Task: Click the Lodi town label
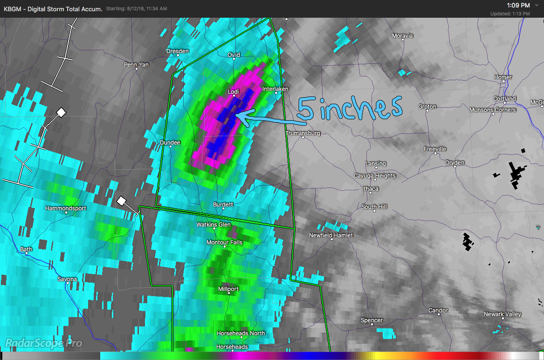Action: (234, 92)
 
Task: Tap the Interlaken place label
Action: (275, 89)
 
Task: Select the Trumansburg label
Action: (303, 133)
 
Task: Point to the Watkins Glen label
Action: (213, 225)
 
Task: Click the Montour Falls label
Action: (224, 242)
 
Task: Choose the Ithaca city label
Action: (371, 189)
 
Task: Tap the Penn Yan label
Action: (137, 65)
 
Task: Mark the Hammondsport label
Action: (66, 208)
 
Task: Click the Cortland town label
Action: (505, 99)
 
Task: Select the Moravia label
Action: (402, 36)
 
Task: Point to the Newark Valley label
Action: (503, 314)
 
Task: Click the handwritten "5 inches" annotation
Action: (350, 108)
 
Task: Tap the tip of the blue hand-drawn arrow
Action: (237, 114)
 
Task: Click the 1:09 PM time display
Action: (518, 5)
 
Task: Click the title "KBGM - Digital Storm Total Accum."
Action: (53, 9)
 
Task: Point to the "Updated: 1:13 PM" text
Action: (510, 14)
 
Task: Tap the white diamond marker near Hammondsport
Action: (121, 201)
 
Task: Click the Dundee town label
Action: (170, 143)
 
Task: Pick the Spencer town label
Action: (372, 320)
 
